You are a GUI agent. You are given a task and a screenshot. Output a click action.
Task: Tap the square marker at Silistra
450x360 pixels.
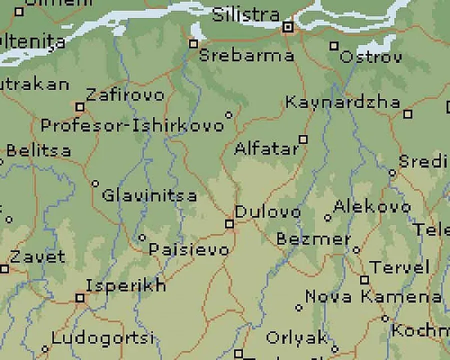pyautogui.click(x=287, y=27)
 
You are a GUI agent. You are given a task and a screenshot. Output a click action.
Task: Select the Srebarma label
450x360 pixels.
pyautogui.click(x=246, y=55)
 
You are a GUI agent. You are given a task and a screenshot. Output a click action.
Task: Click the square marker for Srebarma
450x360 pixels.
pyautogui.click(x=193, y=44)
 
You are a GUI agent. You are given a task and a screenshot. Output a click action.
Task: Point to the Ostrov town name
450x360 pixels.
pyautogui.click(x=370, y=57)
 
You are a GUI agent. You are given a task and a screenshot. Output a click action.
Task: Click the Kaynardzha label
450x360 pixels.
pyautogui.click(x=342, y=102)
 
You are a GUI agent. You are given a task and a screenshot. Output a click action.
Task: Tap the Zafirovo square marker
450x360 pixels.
pyautogui.click(x=79, y=107)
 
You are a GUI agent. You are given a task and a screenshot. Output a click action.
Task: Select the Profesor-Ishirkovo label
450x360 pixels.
pyautogui.click(x=132, y=125)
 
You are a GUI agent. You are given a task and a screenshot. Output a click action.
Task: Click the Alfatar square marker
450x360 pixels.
pyautogui.click(x=303, y=139)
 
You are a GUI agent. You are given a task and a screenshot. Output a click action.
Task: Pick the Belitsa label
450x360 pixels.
pyautogui.click(x=38, y=150)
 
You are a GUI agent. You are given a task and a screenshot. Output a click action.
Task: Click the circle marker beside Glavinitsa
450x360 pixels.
pyautogui.click(x=95, y=183)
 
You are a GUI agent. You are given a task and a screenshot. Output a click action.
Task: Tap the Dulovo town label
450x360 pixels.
pyautogui.click(x=268, y=212)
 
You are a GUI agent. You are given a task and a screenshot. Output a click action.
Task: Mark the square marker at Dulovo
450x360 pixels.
pyautogui.click(x=229, y=223)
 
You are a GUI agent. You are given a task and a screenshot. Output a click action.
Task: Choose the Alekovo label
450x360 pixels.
pyautogui.click(x=372, y=206)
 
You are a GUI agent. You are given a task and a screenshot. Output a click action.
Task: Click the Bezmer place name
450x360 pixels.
pyautogui.click(x=313, y=239)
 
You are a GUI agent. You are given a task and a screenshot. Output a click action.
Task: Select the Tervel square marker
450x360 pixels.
pyautogui.click(x=364, y=279)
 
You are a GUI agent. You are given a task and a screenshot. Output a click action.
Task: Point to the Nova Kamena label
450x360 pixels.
pyautogui.click(x=373, y=296)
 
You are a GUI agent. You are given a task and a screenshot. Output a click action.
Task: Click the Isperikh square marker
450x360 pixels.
pyautogui.click(x=80, y=298)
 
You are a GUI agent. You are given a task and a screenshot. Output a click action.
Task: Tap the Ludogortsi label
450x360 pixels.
pyautogui.click(x=102, y=338)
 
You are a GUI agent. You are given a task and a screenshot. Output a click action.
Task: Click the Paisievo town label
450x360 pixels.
pyautogui.click(x=189, y=249)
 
